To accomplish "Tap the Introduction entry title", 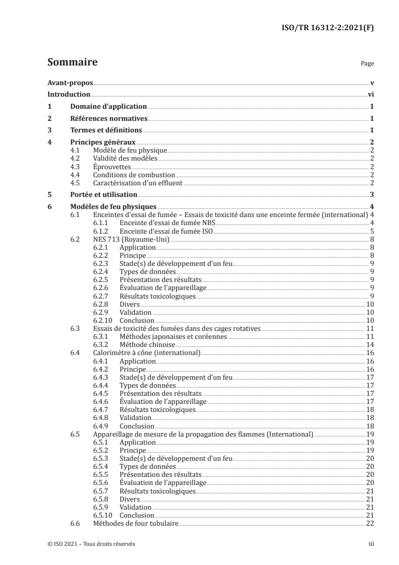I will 68,94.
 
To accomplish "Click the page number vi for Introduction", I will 370,94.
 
